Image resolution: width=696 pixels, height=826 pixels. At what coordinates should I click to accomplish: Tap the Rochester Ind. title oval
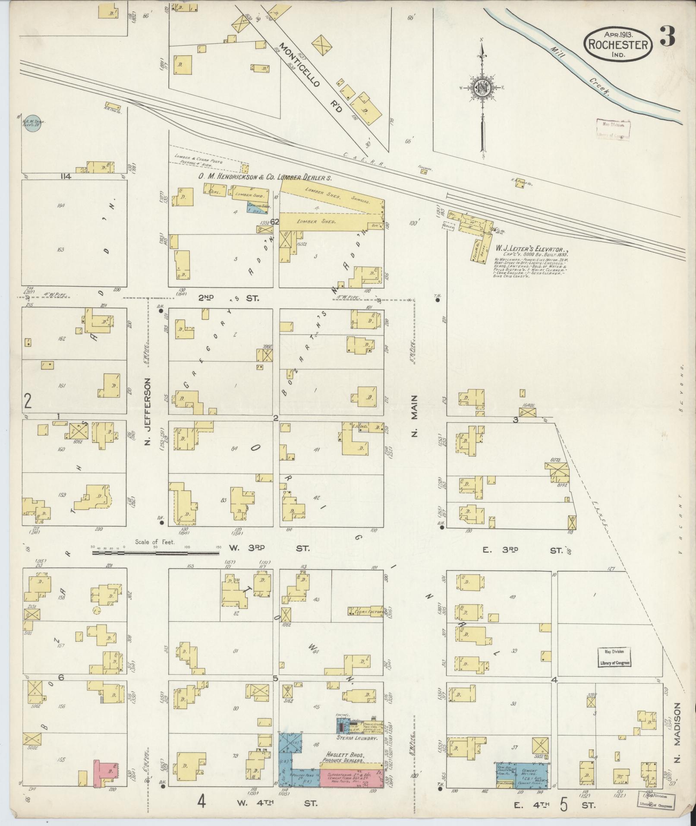617,44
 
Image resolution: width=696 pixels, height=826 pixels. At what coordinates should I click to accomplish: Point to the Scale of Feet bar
155,552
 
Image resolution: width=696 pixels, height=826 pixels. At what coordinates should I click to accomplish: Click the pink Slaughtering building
350,776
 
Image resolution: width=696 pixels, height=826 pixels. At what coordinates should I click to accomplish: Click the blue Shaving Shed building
258,207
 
